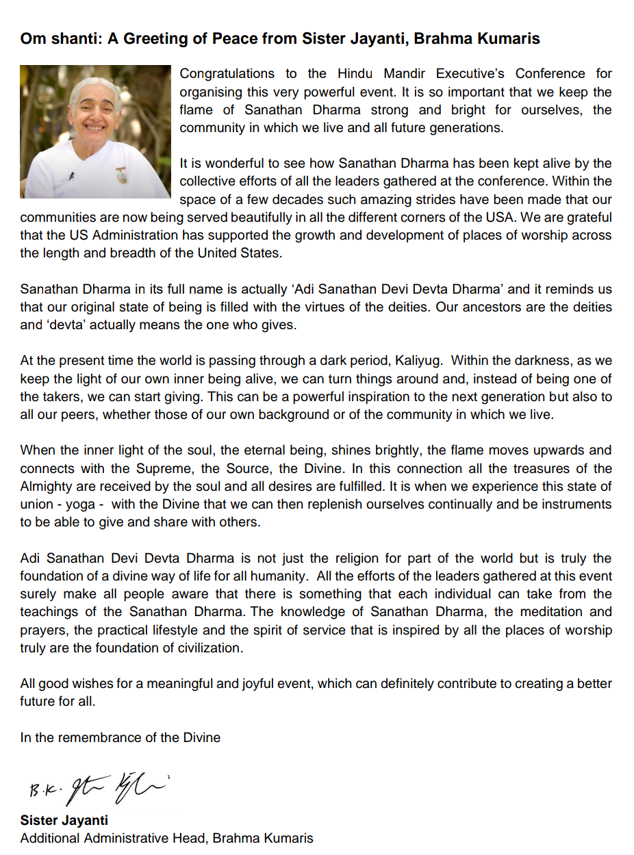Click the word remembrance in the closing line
click(106, 737)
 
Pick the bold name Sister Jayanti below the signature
click(64, 820)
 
